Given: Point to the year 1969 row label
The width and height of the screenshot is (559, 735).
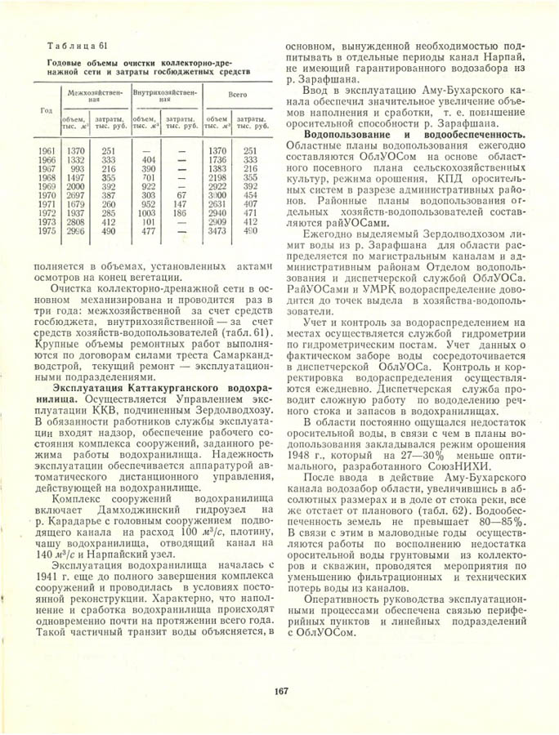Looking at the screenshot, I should tap(47, 185).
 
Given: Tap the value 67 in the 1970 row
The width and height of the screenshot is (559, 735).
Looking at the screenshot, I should tap(181, 195).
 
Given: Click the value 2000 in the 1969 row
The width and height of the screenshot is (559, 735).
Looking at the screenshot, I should tap(76, 185).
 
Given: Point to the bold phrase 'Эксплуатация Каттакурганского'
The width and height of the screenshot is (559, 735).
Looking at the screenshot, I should tap(143, 389).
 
